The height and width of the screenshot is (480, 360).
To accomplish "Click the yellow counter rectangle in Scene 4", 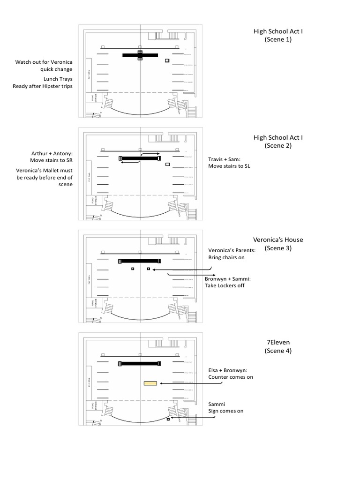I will (150, 383).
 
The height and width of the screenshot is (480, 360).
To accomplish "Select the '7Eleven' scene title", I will (278, 342).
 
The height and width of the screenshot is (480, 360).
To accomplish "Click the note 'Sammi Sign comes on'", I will (226, 407).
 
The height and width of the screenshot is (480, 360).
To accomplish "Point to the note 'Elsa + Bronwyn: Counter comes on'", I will (231, 373).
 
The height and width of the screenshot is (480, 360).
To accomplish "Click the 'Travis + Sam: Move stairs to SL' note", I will (229, 162).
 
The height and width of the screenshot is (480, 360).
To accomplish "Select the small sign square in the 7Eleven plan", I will (168, 419).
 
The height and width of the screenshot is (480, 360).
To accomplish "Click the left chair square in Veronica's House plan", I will (133, 269).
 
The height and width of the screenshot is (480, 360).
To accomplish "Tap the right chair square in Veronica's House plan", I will (149, 269).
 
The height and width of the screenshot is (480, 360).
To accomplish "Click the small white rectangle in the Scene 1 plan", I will (167, 60).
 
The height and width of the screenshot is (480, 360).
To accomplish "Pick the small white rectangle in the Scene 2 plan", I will (167, 165).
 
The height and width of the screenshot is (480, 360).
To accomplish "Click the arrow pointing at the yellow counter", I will (181, 383).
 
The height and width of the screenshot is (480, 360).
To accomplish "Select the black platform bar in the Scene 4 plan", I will (140, 363).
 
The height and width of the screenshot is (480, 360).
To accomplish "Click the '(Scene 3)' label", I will (278, 248).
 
